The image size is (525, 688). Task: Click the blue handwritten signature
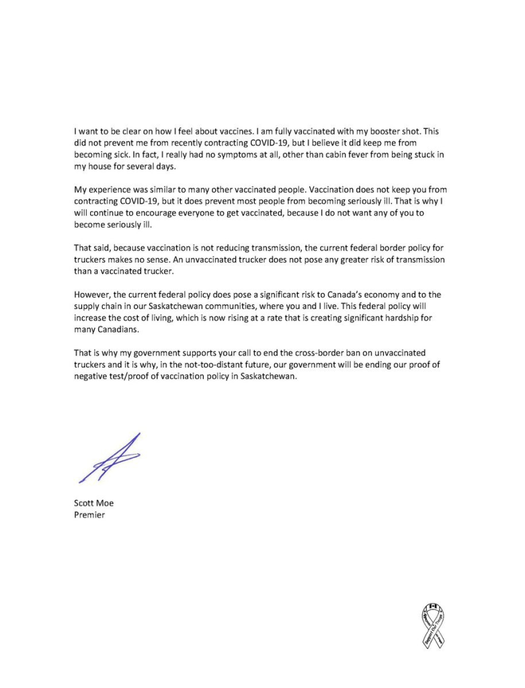112,459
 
